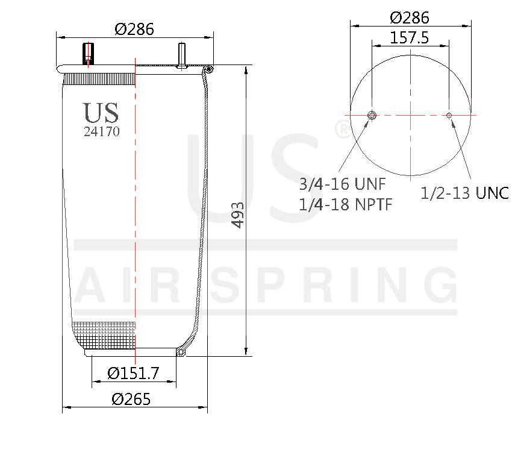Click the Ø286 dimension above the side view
134,28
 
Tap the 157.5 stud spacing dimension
410,38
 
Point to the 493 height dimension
238,215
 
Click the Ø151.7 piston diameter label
133,374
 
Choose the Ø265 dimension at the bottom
131,399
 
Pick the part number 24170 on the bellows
101,132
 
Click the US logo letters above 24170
101,113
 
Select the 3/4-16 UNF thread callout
342,183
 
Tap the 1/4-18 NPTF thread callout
346,204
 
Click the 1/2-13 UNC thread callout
464,193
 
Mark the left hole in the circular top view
372,115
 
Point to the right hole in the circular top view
449,115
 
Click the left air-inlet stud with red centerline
89,54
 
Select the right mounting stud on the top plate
181,54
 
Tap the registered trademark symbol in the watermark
342,128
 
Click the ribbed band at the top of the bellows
99,78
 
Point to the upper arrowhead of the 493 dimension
246,70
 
